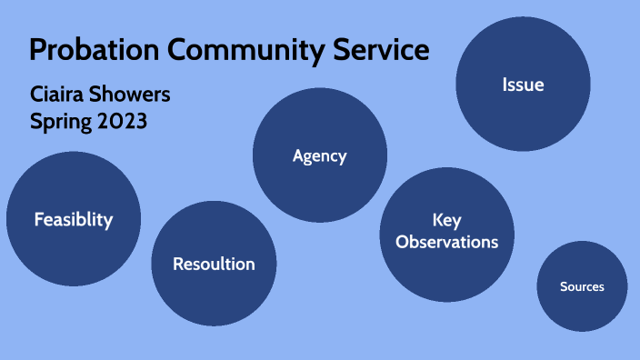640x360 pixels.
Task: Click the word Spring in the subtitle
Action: [59, 120]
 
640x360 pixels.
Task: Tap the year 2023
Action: [122, 120]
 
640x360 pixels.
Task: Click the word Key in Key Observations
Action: [446, 221]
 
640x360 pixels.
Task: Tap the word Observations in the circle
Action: [446, 242]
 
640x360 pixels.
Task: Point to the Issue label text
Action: [523, 85]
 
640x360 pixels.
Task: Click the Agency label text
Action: [319, 155]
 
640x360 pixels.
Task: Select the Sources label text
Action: [582, 286]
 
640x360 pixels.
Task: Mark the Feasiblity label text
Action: [74, 219]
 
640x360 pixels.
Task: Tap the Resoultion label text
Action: [214, 265]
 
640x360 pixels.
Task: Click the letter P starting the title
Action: [38, 51]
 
